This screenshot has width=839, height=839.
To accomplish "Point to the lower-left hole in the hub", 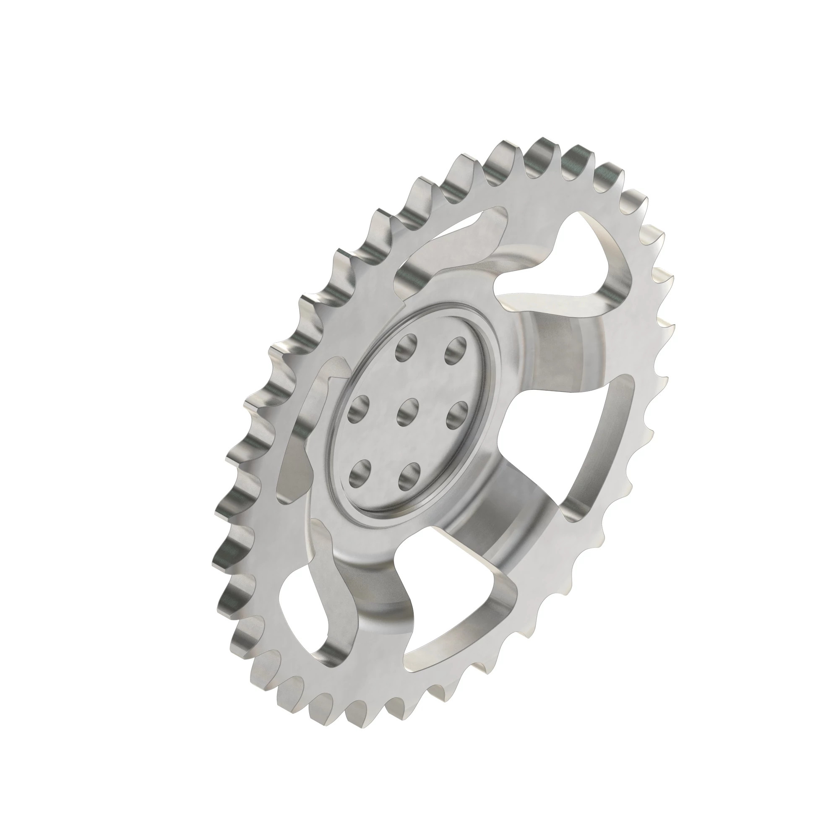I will (360, 474).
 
